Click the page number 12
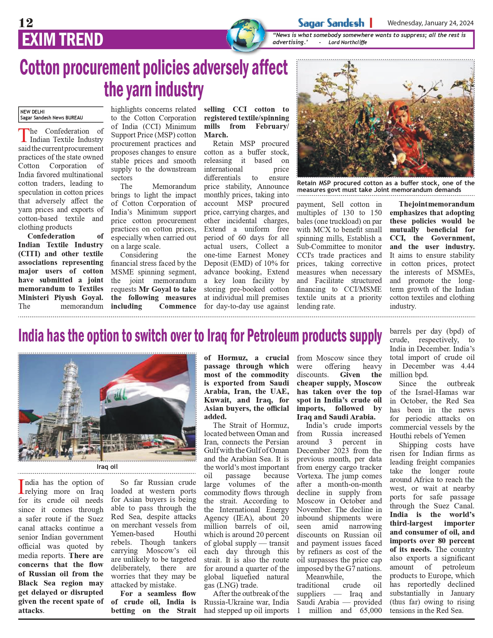[26, 23]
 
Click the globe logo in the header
[246, 35]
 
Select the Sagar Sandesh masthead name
[331, 23]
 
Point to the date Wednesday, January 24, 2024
[430, 23]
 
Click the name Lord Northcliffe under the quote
[347, 42]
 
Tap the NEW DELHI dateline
[32, 112]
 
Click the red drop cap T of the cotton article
[23, 136]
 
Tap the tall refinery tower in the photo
[75, 398]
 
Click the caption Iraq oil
[107, 466]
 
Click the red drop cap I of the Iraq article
[21, 486]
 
